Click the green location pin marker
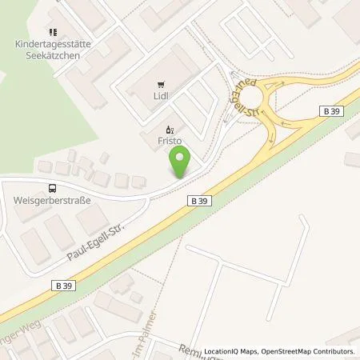pos(182,165)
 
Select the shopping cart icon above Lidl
pos(162,84)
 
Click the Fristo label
pos(168,140)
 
